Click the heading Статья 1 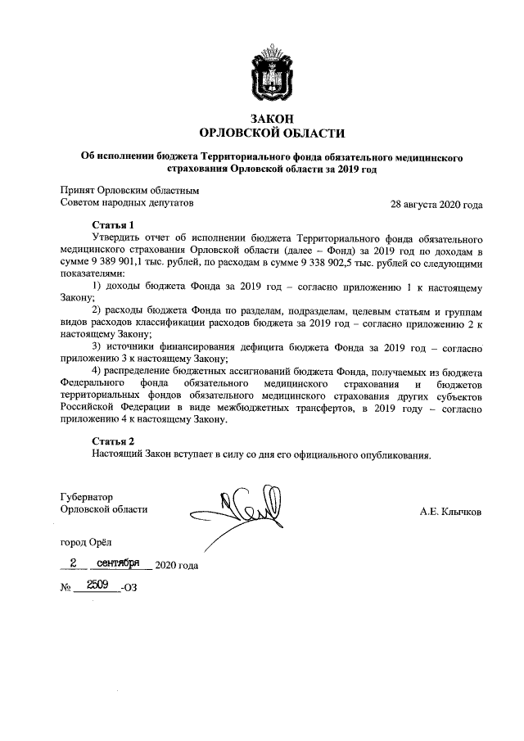(x=113, y=224)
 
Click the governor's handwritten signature (x=237, y=507)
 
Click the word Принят (x=79, y=191)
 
